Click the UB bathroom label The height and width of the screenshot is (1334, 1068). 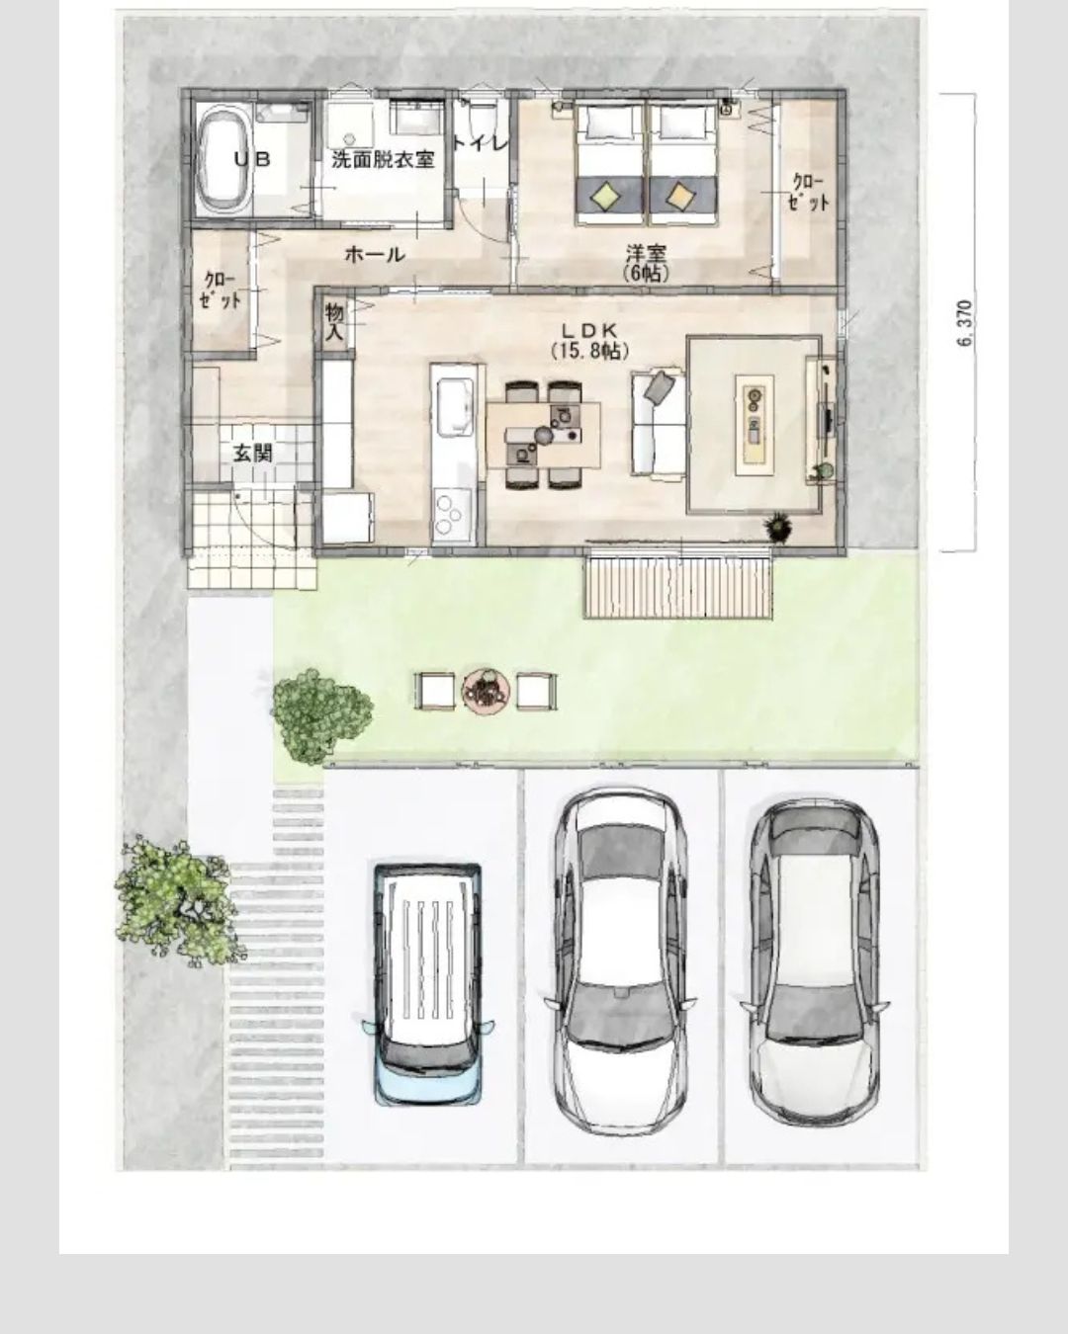tap(252, 159)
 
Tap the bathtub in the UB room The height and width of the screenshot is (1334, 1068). tap(225, 158)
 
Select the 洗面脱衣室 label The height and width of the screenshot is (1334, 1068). tap(383, 160)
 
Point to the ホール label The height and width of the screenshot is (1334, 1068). tap(374, 254)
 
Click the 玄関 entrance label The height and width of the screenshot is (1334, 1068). tap(252, 453)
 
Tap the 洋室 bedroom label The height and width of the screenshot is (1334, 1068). tap(646, 253)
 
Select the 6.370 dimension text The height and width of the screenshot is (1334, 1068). tap(965, 323)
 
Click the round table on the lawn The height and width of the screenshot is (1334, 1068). tap(486, 691)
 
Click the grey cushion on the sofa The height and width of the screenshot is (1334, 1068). tap(659, 385)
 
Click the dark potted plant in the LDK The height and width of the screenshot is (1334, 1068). tap(778, 528)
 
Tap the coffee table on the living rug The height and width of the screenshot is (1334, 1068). tap(755, 425)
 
